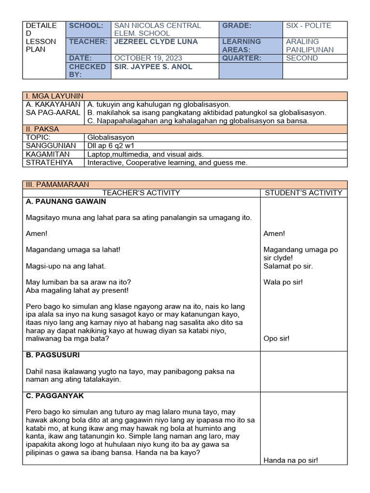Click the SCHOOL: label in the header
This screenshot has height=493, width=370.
pyautogui.click(x=86, y=26)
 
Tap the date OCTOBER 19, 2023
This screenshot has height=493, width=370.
pyautogui.click(x=148, y=58)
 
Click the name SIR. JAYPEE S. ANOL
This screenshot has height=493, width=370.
pyautogui.click(x=153, y=67)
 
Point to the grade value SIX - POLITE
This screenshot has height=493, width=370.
pyautogui.click(x=308, y=26)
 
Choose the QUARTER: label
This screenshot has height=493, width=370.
pyautogui.click(x=241, y=58)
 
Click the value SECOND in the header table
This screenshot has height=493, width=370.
pyautogui.click(x=302, y=58)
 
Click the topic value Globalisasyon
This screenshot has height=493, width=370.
pyautogui.click(x=111, y=138)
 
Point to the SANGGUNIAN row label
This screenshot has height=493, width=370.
pyautogui.click(x=51, y=146)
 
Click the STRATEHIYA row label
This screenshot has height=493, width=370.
pyautogui.click(x=49, y=163)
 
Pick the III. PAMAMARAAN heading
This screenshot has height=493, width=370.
pyautogui.click(x=58, y=185)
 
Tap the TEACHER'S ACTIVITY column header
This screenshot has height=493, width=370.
pyautogui.click(x=141, y=193)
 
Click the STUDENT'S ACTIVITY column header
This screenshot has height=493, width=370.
pyautogui.click(x=304, y=193)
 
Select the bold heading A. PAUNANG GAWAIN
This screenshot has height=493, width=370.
pyautogui.click(x=66, y=202)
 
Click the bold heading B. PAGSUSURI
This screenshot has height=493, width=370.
pyautogui.click(x=53, y=355)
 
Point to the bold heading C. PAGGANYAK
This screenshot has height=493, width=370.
pyautogui.click(x=55, y=396)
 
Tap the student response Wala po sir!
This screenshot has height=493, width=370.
pyautogui.click(x=283, y=282)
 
